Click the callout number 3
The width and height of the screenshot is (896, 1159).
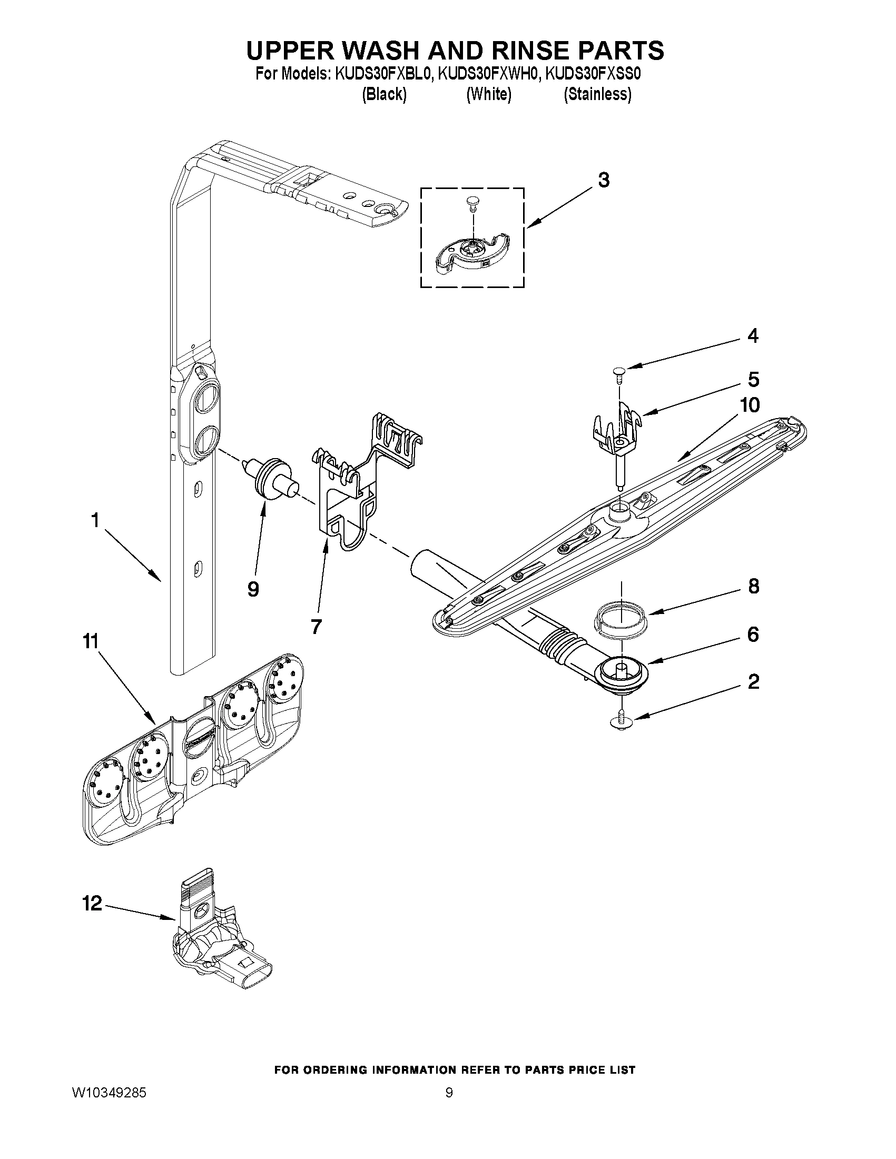click(604, 181)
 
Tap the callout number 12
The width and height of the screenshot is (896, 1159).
click(92, 903)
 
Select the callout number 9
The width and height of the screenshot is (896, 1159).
click(253, 589)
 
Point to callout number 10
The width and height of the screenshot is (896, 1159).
click(750, 405)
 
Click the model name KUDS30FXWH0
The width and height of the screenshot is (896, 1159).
click(488, 74)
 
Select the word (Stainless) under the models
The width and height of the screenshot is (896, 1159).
click(597, 94)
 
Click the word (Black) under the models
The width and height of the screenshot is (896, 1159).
click(384, 94)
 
